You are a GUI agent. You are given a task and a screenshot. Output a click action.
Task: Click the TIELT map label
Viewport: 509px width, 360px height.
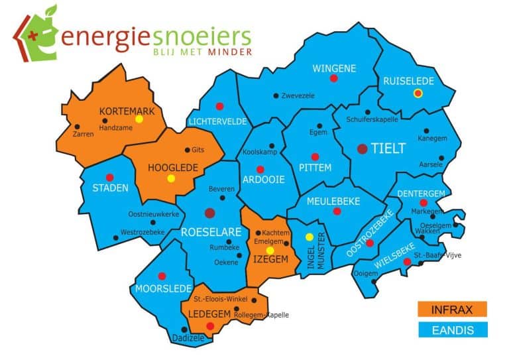coord(388,149)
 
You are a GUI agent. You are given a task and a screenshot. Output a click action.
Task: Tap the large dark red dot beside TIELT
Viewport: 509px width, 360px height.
coord(363,149)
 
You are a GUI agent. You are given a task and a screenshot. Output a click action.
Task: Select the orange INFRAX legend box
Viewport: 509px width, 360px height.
coord(453,309)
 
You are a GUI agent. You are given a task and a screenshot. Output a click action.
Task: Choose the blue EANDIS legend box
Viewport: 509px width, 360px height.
coord(453,330)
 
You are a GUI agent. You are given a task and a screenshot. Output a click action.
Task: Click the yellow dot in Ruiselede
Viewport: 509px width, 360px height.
coord(418,93)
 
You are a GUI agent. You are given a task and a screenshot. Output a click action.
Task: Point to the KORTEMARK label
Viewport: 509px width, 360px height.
coord(127,111)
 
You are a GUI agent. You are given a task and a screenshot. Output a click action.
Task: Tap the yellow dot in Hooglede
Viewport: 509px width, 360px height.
coord(171,178)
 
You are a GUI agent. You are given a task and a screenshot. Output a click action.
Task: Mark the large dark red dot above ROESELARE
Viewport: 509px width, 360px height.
coord(210,213)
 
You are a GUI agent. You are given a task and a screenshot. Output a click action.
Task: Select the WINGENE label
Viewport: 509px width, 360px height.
coord(335,68)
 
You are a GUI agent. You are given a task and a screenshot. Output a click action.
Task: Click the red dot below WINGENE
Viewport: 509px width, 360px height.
coord(334,78)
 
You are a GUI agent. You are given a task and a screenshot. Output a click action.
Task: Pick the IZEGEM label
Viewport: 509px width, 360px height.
coord(270,260)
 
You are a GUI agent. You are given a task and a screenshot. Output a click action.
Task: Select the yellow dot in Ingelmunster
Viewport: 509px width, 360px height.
coord(309,237)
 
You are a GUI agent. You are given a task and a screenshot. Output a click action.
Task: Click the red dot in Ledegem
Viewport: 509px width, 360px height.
coord(210,326)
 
